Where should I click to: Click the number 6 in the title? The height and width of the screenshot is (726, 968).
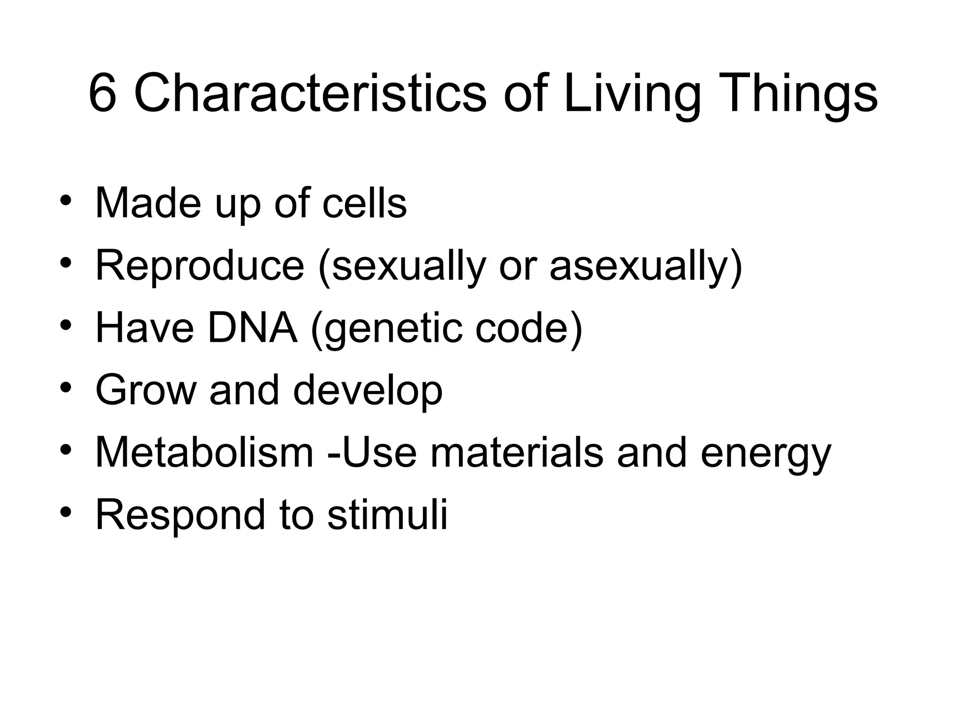coord(103,94)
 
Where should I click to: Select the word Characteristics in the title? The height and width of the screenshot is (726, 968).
coord(310,94)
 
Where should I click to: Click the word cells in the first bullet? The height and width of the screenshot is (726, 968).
coord(364,203)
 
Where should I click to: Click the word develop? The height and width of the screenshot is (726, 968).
coord(368,390)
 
